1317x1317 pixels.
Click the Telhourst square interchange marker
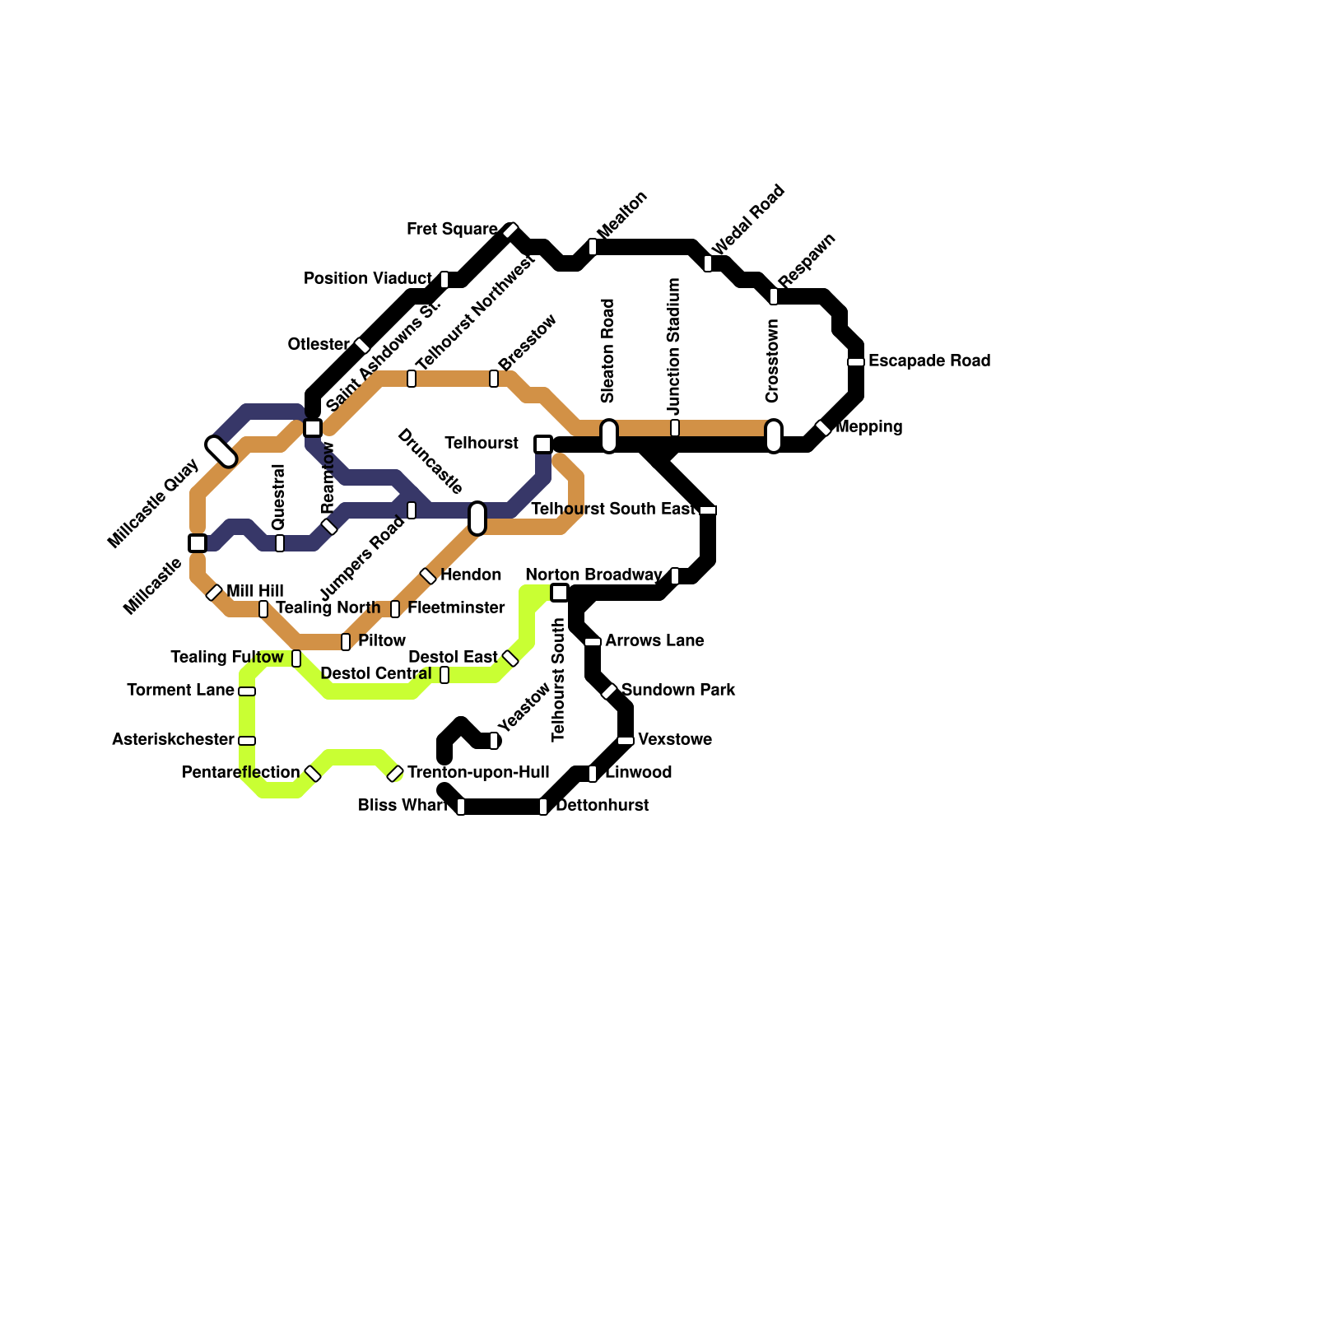[542, 444]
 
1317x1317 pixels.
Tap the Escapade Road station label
[928, 361]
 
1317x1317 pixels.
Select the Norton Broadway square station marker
[560, 593]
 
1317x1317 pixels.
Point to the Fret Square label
[452, 229]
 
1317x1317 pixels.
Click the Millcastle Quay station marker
[221, 451]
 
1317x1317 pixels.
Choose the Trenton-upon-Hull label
[478, 773]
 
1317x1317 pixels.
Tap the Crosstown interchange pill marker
[774, 436]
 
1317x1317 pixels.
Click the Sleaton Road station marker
[609, 436]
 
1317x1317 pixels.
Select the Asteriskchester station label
[173, 740]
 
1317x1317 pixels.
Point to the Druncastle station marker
[477, 518]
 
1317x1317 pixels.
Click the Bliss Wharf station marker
[461, 807]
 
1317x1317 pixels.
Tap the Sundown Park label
[677, 690]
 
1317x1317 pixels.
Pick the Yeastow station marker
[494, 741]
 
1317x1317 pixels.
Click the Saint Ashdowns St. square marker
[313, 428]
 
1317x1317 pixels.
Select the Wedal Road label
[748, 220]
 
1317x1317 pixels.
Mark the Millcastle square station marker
[198, 543]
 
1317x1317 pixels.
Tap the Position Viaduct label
[367, 279]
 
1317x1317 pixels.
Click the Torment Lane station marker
[247, 691]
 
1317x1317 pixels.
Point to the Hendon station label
[471, 575]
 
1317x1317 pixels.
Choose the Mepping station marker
[823, 428]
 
